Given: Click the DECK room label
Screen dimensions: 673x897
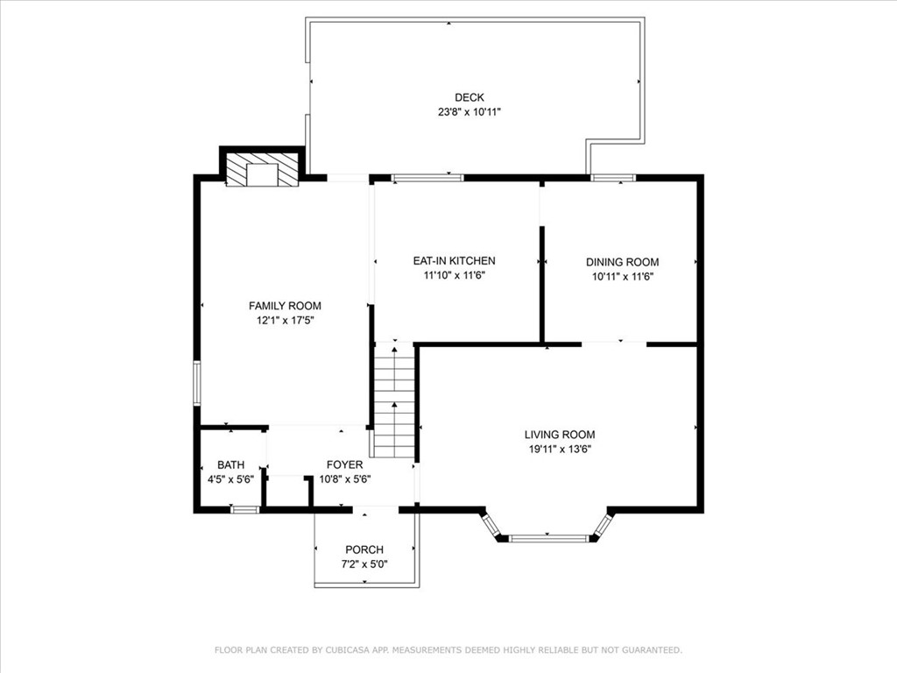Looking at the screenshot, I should point(469,97).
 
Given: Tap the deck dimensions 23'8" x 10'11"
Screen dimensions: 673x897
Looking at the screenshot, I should point(469,112).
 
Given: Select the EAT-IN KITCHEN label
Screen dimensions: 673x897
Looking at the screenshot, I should point(454,260).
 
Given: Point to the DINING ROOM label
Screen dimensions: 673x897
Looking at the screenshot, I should point(622,262).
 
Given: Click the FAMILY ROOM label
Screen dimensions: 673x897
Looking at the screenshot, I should point(285,306).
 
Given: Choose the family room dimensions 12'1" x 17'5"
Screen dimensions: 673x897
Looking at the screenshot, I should point(285,321).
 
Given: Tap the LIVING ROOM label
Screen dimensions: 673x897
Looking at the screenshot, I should point(560,435).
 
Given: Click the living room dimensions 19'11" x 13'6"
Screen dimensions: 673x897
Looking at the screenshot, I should point(560,450).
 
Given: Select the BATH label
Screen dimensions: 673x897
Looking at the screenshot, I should point(230,464).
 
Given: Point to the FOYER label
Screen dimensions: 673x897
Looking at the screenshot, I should point(344,464).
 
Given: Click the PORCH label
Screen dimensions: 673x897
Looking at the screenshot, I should point(364,549).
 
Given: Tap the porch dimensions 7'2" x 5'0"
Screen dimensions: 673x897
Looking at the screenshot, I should point(364,564).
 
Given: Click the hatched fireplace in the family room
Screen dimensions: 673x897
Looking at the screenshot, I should point(261,170).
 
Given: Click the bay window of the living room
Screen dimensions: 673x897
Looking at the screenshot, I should point(548,537).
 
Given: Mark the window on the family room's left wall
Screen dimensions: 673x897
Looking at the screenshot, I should point(197,383).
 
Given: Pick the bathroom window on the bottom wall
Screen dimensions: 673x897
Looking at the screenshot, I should point(244,509).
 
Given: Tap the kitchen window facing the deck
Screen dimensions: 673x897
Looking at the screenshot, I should point(427,178).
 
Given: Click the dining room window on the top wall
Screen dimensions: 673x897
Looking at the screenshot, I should point(613,178).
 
